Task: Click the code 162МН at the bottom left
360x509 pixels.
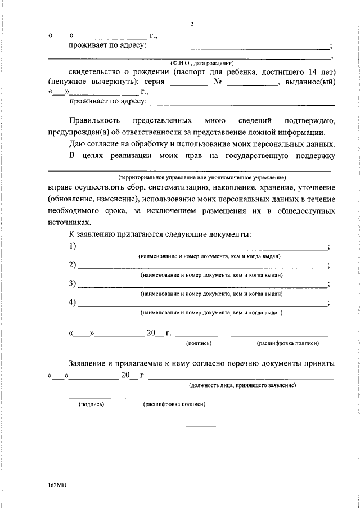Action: point(57,483)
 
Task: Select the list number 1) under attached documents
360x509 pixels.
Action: point(73,246)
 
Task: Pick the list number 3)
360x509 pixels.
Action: point(73,284)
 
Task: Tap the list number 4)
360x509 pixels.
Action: point(73,303)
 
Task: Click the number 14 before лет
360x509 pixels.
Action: point(313,72)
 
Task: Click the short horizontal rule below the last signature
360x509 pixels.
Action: point(201,426)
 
